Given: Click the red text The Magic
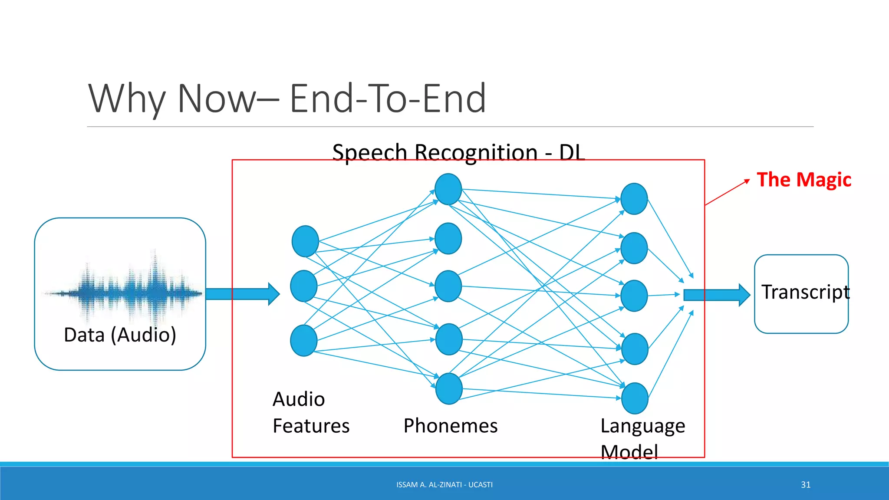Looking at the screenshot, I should click(803, 180).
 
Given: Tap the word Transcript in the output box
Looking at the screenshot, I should click(805, 292).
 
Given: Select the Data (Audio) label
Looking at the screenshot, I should click(120, 335).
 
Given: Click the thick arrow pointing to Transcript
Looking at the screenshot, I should click(716, 295).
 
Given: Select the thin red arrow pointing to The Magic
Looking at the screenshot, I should click(727, 192).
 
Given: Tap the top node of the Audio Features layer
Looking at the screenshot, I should click(305, 241).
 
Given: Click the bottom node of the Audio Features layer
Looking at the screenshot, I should click(303, 341).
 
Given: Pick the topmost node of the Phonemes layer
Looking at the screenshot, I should click(448, 189).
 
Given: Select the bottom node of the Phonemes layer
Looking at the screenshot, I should click(448, 388).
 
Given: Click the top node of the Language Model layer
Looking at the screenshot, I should click(634, 199).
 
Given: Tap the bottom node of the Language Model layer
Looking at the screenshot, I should click(635, 398).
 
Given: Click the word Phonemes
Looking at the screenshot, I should click(450, 426).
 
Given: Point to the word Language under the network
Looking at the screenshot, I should click(642, 427).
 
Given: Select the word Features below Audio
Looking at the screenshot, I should click(311, 426).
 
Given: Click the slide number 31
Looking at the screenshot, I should click(806, 485).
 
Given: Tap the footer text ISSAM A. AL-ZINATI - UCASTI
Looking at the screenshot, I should click(444, 485).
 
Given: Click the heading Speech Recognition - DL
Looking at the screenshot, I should click(458, 153).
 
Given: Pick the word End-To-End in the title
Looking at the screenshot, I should click(387, 99).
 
